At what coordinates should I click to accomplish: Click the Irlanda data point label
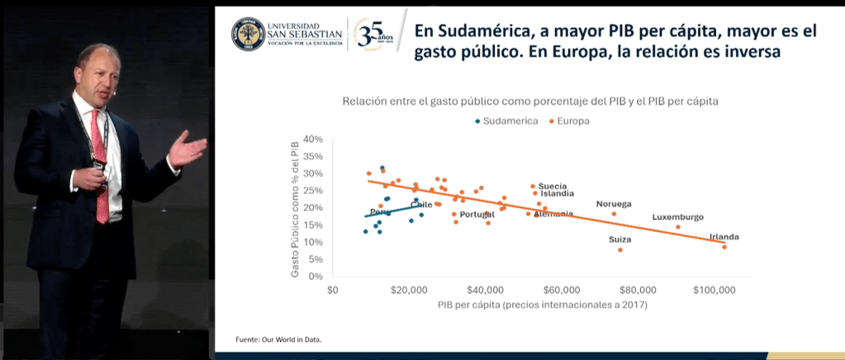724,238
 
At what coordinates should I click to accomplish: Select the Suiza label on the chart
620,239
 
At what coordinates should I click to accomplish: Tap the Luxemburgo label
677,217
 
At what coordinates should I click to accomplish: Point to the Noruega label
614,204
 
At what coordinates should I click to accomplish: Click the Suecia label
553,187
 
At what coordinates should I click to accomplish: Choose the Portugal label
477,215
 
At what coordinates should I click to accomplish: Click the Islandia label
558,194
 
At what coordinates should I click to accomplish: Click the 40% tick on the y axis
311,140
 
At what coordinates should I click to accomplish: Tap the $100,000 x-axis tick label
714,291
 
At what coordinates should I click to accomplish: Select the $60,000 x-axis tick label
562,291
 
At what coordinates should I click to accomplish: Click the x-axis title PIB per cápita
542,306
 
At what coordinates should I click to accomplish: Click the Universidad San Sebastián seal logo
248,34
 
